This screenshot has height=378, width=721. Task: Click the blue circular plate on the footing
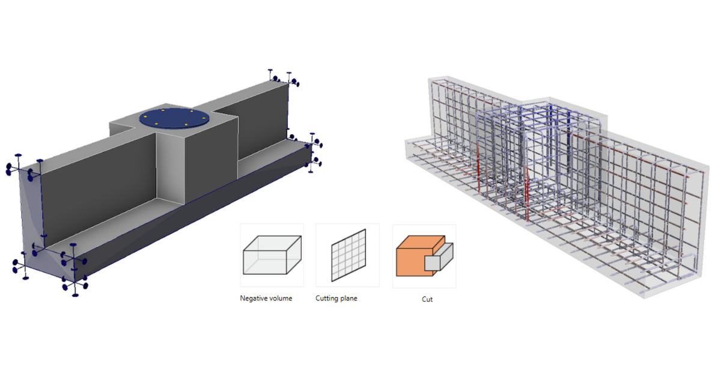tap(174, 118)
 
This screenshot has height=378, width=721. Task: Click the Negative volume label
tap(266, 298)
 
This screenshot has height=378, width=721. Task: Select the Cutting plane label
tap(336, 299)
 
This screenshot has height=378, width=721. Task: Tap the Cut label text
tap(427, 299)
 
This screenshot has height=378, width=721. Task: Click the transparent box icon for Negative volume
tap(272, 255)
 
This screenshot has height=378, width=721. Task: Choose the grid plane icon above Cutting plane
tap(348, 255)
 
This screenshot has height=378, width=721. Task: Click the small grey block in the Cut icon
tap(439, 257)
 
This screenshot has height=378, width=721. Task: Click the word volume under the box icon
tap(282, 298)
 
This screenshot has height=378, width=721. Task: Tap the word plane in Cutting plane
tap(348, 299)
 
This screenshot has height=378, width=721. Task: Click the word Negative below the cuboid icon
tap(254, 298)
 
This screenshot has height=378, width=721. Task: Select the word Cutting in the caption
tap(327, 299)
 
